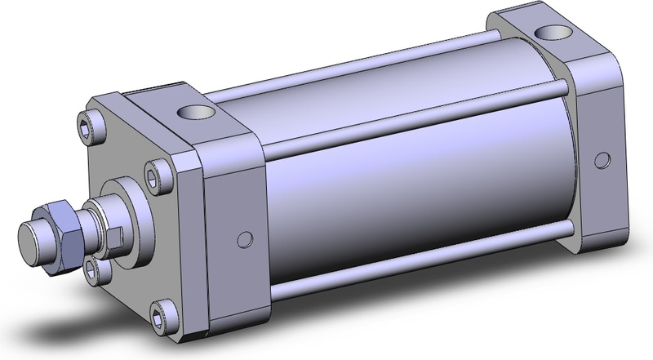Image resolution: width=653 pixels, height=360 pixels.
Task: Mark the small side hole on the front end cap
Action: pos(240,238)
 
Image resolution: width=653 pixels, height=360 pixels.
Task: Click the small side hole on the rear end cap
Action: pos(602,157)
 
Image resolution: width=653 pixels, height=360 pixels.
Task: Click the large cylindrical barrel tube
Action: pos(408,196)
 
